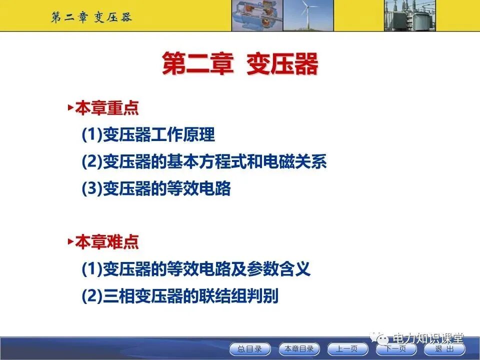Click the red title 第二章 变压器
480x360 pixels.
point(240,65)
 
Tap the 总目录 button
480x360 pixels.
point(249,349)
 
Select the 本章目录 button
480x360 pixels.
point(299,349)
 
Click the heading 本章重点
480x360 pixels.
point(106,108)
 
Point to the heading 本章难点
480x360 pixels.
point(106,242)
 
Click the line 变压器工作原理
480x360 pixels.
point(148,135)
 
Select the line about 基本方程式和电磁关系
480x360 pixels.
point(204,162)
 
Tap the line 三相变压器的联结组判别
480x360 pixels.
point(179,296)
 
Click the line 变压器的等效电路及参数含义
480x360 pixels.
point(196,269)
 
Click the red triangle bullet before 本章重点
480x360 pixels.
point(70,107)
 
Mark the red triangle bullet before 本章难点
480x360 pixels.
point(70,241)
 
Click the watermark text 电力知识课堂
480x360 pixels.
point(429,338)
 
